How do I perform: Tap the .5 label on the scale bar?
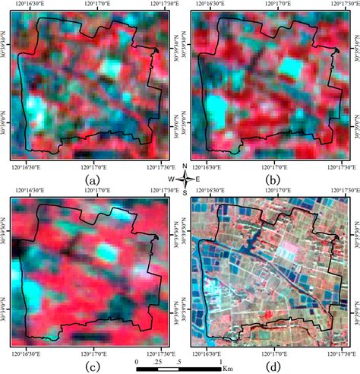(179, 361)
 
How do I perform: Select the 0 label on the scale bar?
(136, 361)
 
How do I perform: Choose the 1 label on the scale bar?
(219, 361)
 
